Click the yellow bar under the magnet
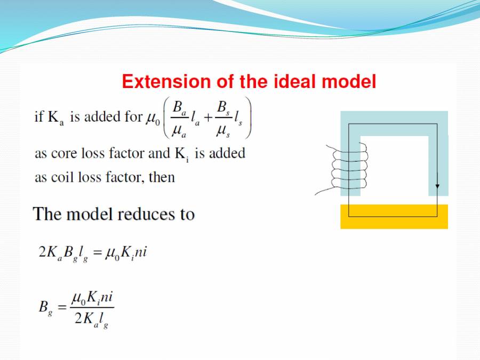pyautogui.click(x=394, y=217)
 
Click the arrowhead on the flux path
pyautogui.click(x=437, y=186)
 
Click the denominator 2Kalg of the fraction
pyautogui.click(x=91, y=319)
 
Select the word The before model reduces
pyautogui.click(x=45, y=214)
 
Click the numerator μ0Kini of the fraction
pyautogui.click(x=91, y=295)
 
